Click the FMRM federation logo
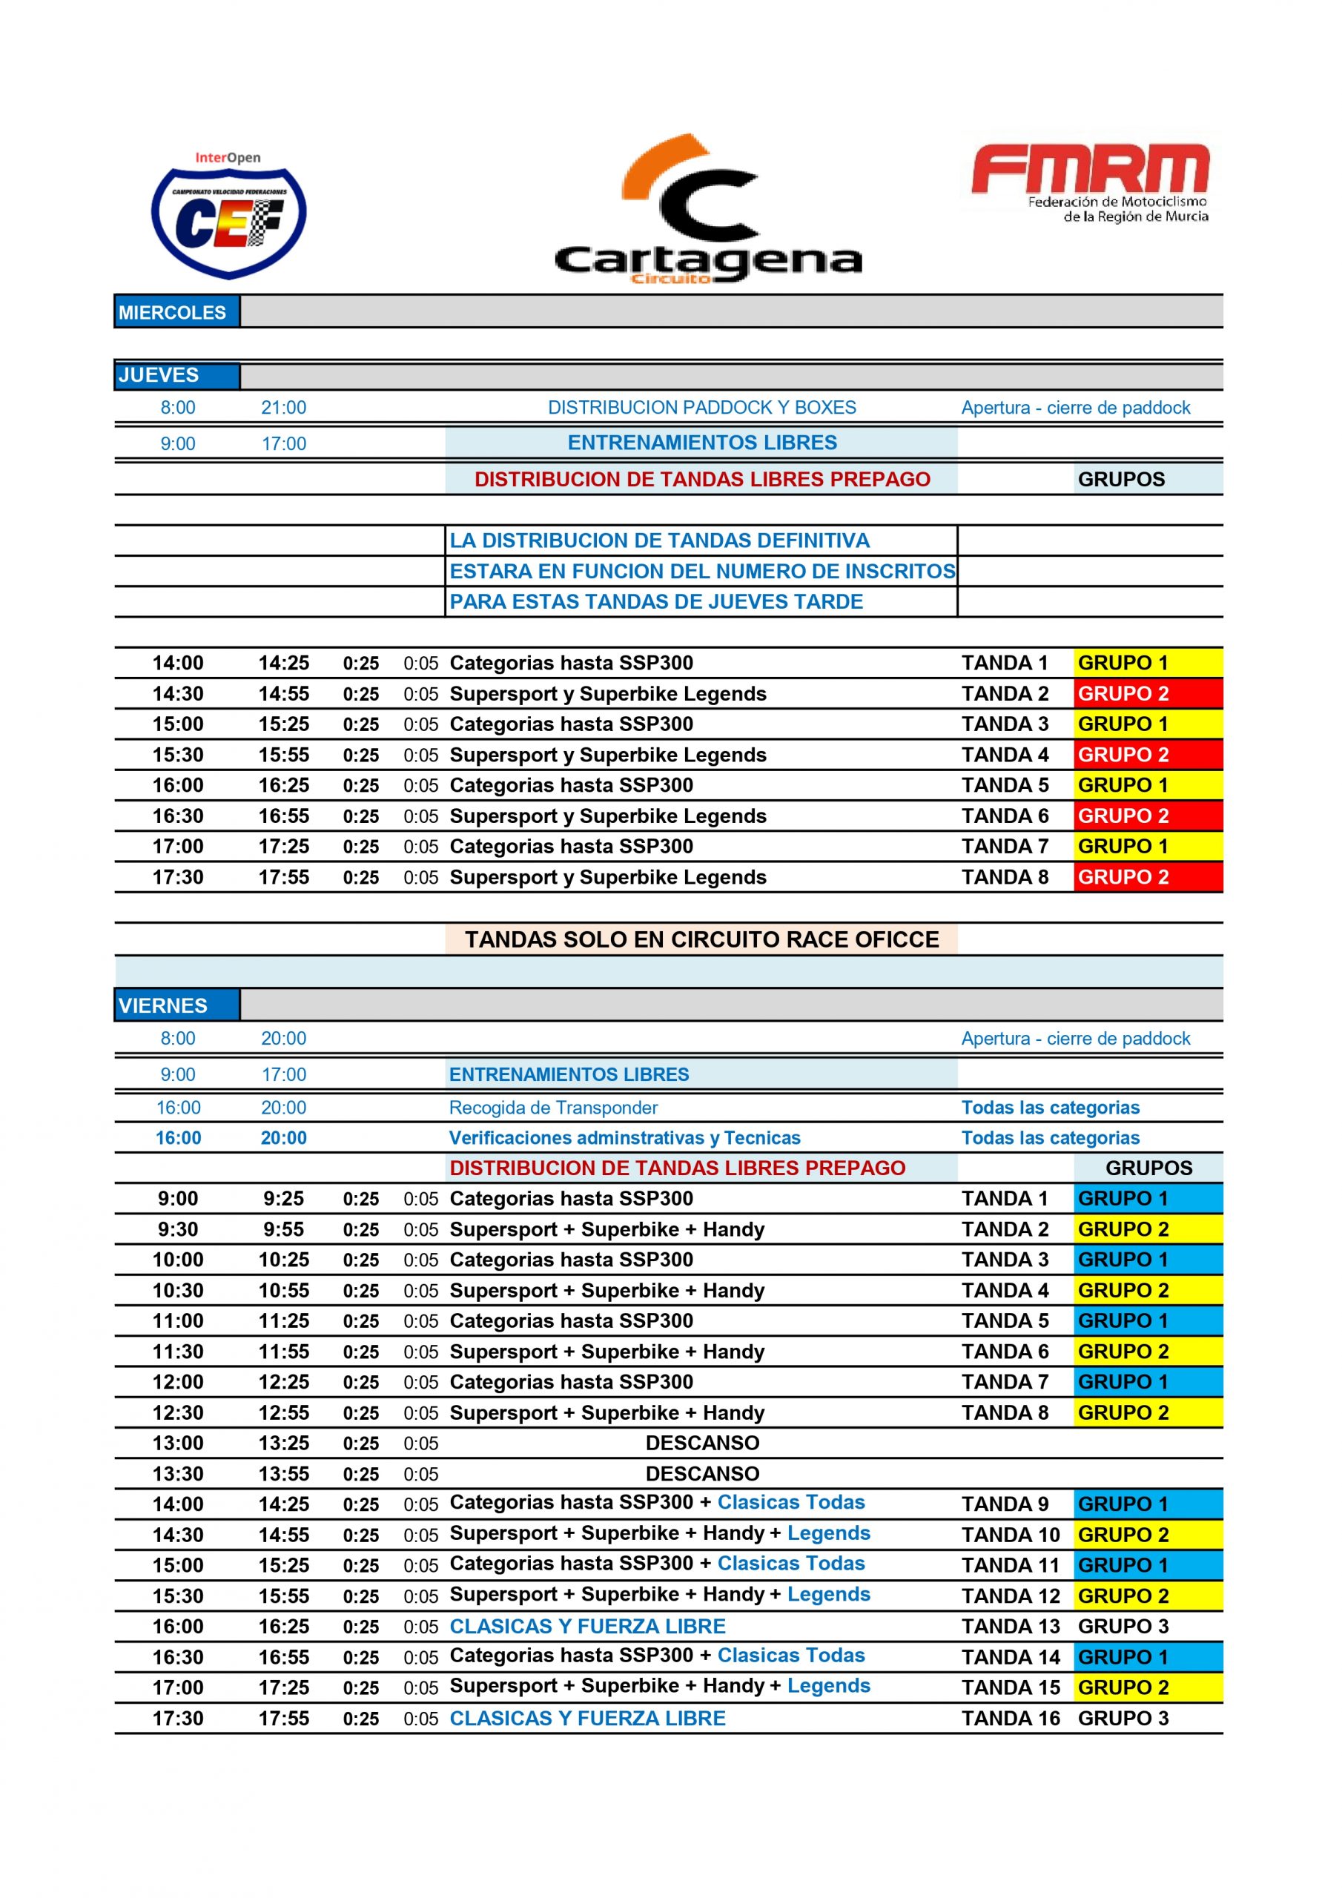(1091, 182)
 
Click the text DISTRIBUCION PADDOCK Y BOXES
(701, 408)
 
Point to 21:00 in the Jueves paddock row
(284, 408)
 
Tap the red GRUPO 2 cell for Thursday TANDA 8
(1147, 877)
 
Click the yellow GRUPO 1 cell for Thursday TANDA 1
(1147, 663)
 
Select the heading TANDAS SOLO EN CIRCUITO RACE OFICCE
(701, 939)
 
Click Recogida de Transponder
(553, 1108)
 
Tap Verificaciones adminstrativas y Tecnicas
(624, 1137)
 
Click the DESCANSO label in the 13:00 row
(702, 1444)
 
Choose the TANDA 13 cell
(1010, 1627)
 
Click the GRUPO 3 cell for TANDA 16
(1123, 1719)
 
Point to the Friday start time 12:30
(178, 1413)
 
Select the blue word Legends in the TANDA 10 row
(828, 1533)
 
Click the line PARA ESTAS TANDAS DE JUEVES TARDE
(655, 602)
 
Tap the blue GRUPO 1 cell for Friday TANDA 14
(1147, 1658)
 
